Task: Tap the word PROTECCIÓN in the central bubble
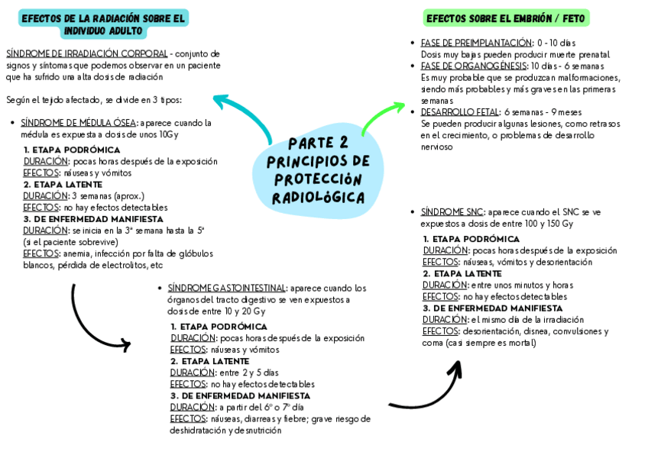[x=317, y=179]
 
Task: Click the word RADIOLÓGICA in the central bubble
[x=318, y=198]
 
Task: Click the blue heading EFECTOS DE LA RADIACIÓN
[x=103, y=24]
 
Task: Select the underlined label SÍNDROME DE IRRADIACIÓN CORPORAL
[x=86, y=54]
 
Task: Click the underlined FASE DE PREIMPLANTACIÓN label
[x=475, y=44]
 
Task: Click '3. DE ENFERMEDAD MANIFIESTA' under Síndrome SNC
[x=482, y=308]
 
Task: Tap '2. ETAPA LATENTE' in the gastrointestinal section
[x=209, y=361]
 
